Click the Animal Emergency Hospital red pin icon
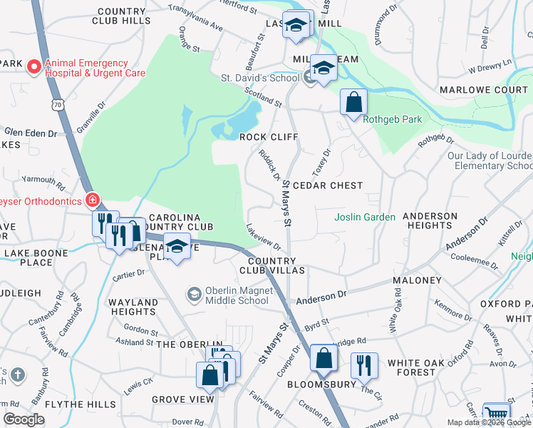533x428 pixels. [x=33, y=68]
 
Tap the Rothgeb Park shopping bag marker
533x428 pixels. [x=353, y=102]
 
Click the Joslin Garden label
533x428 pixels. [x=366, y=217]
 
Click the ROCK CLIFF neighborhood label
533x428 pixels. [x=268, y=136]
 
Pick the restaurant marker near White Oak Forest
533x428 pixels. [x=364, y=365]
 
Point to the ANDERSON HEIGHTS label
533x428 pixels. [x=430, y=220]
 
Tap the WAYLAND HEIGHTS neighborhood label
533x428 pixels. [x=133, y=307]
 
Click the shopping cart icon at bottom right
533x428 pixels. [x=496, y=414]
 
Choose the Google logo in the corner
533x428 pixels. [x=24, y=419]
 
